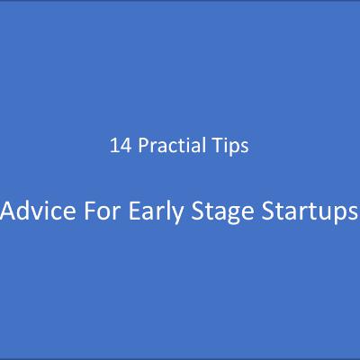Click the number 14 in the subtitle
click(x=118, y=144)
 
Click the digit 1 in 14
click(x=112, y=144)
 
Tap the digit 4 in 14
click(x=122, y=144)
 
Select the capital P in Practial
click(x=137, y=144)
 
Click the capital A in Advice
click(x=10, y=214)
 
